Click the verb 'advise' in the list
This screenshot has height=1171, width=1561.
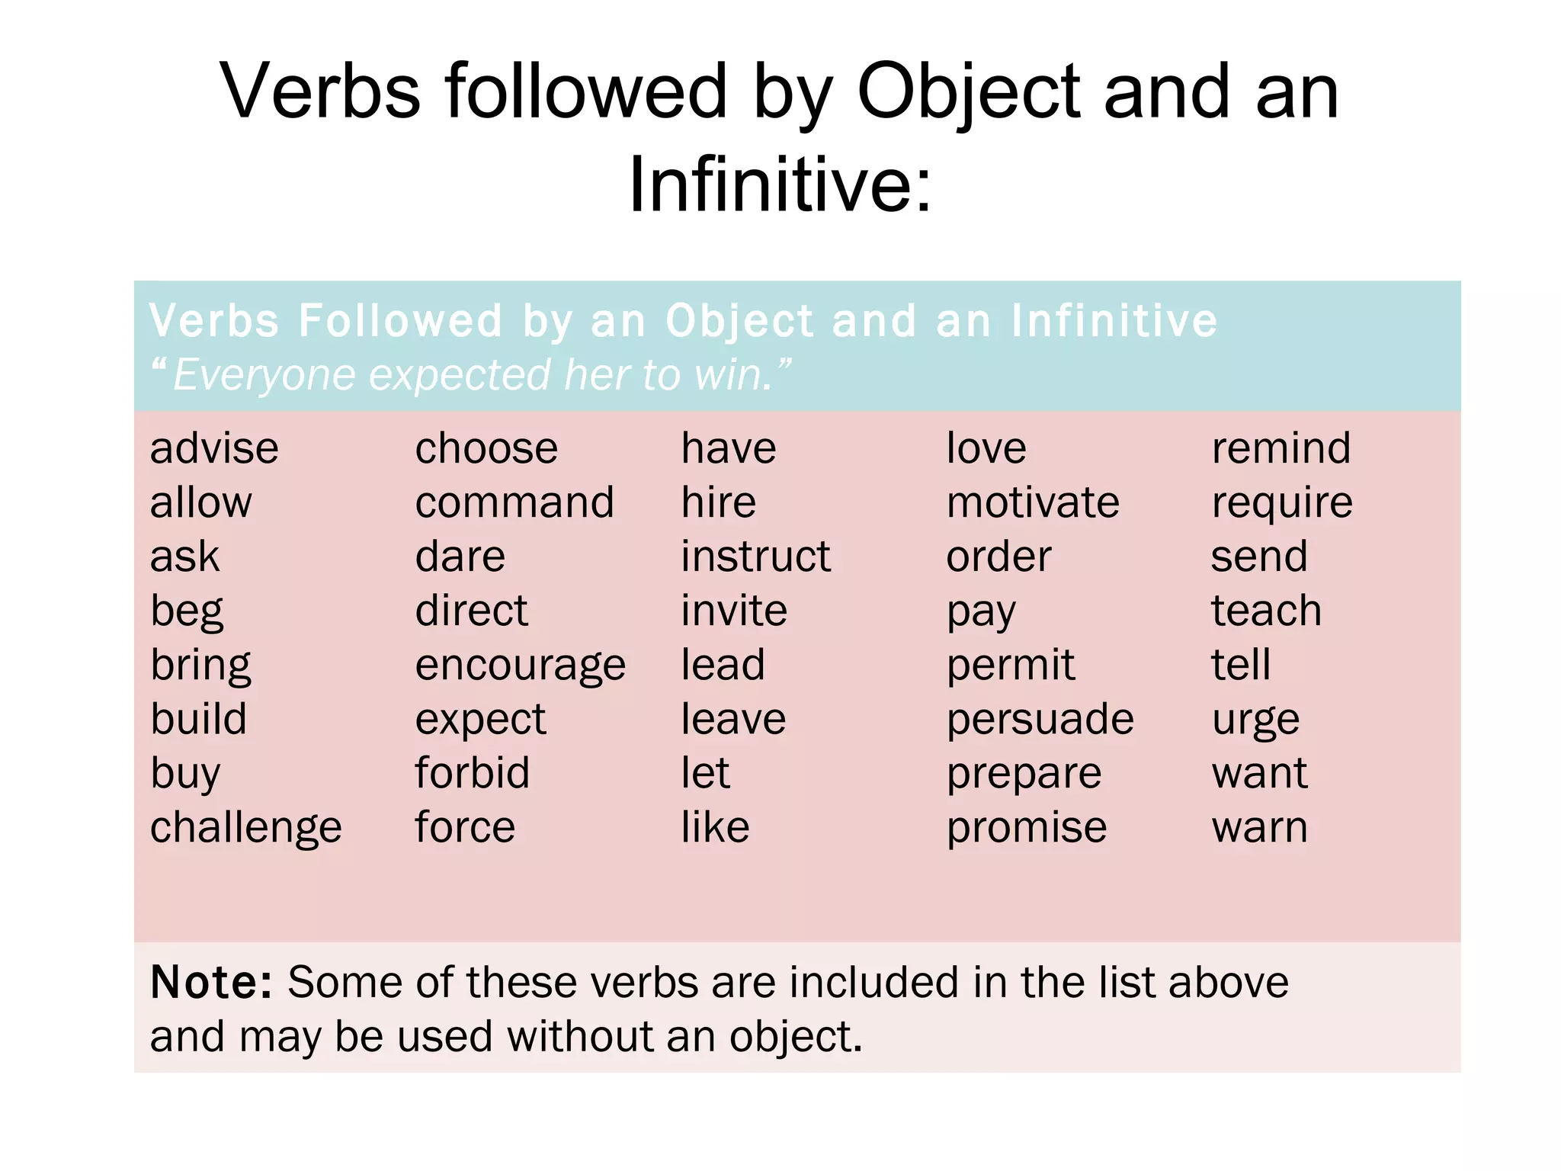(214, 448)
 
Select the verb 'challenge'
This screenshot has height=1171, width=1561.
(245, 828)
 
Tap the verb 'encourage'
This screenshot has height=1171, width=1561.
(520, 666)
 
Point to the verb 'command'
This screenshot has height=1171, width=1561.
(514, 503)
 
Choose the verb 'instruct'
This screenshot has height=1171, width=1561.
(755, 557)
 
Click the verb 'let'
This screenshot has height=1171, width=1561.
(705, 773)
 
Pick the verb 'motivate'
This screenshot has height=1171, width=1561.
(1033, 503)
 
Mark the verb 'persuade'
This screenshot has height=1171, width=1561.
(1040, 720)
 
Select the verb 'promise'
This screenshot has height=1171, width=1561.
(1026, 828)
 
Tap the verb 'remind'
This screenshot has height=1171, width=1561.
(1281, 448)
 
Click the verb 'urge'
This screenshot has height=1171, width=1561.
(1255, 720)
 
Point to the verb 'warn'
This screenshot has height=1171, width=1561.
(1259, 828)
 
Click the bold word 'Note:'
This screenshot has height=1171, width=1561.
(211, 982)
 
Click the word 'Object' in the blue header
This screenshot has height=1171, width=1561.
(739, 321)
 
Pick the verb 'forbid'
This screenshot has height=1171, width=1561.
(472, 773)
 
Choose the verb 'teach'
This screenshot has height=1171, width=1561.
(1266, 611)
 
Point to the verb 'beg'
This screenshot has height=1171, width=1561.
(187, 611)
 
